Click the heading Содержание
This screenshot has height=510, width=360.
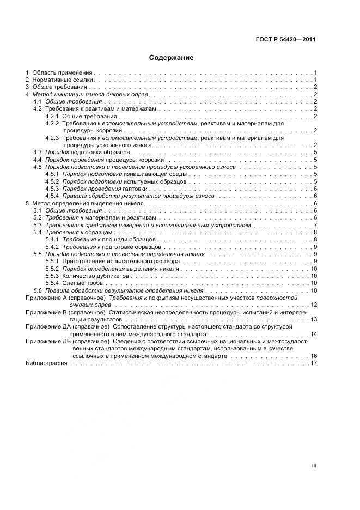(171, 57)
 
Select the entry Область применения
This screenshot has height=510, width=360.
(63, 72)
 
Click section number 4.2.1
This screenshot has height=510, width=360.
(52, 116)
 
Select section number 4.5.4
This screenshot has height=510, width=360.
(52, 196)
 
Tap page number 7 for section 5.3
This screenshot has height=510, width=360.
(315, 225)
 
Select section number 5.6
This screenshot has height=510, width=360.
(38, 290)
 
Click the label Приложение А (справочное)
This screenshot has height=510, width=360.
(65, 298)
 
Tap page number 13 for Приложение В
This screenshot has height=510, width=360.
(313, 319)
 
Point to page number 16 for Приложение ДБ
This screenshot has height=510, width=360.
(313, 355)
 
